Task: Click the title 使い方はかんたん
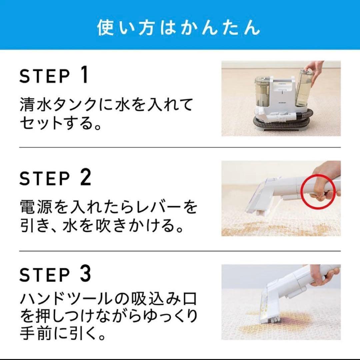tap(179, 28)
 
